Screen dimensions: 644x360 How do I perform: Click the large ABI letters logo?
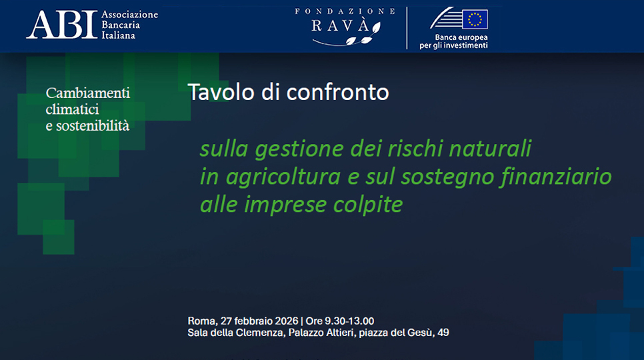(62, 25)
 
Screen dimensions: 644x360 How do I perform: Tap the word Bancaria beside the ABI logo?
(121, 25)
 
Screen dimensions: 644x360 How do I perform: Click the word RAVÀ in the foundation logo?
(341, 26)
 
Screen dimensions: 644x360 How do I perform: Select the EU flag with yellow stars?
(475, 19)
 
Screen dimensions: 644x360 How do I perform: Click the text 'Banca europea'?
(461, 37)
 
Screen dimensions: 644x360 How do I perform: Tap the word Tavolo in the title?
(221, 92)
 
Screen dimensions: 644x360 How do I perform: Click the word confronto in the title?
(337, 93)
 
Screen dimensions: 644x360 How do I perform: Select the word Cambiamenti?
(88, 93)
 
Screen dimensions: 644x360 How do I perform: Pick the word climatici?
(72, 109)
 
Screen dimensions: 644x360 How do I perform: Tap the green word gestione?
(299, 149)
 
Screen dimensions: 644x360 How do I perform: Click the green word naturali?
(490, 148)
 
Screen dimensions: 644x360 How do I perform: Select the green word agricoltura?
(283, 177)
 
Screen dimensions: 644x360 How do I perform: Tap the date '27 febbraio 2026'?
(259, 321)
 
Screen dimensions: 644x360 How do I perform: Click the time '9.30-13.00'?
(349, 321)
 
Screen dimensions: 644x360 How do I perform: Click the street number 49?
(443, 333)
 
